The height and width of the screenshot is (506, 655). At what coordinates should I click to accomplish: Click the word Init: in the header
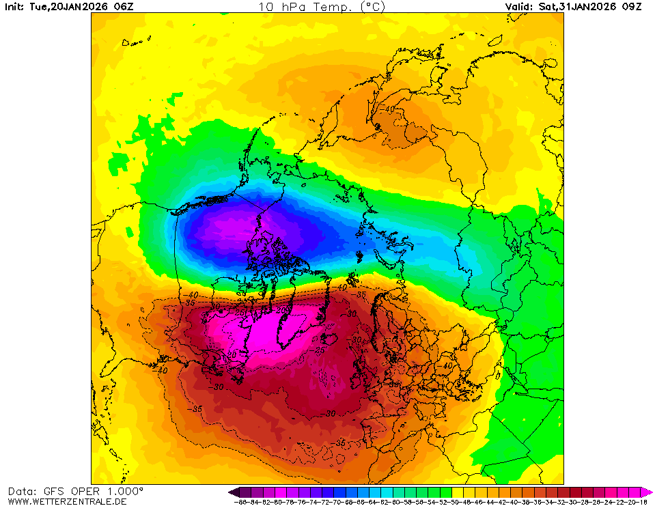coord(15,7)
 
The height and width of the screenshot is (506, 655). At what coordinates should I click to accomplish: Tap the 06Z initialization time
coord(124,7)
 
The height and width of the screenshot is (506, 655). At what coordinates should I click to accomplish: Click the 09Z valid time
coord(632,7)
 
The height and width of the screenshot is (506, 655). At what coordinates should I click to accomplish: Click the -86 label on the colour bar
coord(240,502)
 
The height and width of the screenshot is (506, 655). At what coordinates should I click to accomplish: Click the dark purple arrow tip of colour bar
coord(233,492)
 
